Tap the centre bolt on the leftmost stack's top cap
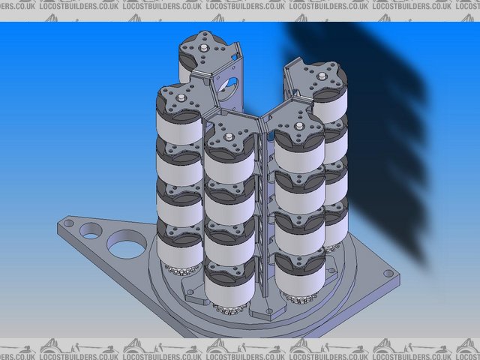[181, 96]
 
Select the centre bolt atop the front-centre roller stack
[227, 137]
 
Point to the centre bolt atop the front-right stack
[298, 127]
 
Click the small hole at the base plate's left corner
[68, 222]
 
